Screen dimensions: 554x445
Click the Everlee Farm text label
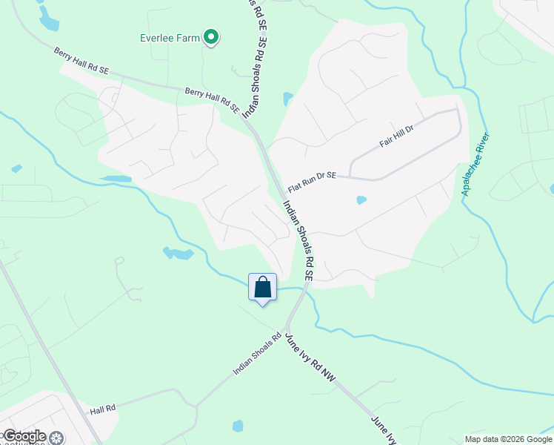pyautogui.click(x=170, y=37)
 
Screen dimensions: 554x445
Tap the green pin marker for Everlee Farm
pyautogui.click(x=211, y=36)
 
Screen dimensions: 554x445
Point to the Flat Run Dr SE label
pyautogui.click(x=312, y=182)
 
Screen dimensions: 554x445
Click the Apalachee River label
pyautogui.click(x=475, y=165)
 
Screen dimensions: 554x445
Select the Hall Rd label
pyautogui.click(x=103, y=409)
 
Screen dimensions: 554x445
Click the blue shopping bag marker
pyautogui.click(x=263, y=287)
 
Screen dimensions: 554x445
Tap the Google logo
pyautogui.click(x=24, y=436)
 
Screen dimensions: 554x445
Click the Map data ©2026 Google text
pyautogui.click(x=508, y=439)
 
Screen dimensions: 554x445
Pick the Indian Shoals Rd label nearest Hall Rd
pyautogui.click(x=257, y=352)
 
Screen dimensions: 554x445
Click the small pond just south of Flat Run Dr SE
pyautogui.click(x=361, y=200)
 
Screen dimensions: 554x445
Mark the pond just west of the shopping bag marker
pyautogui.click(x=178, y=254)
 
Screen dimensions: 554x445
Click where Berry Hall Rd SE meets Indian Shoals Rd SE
pyautogui.click(x=249, y=123)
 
